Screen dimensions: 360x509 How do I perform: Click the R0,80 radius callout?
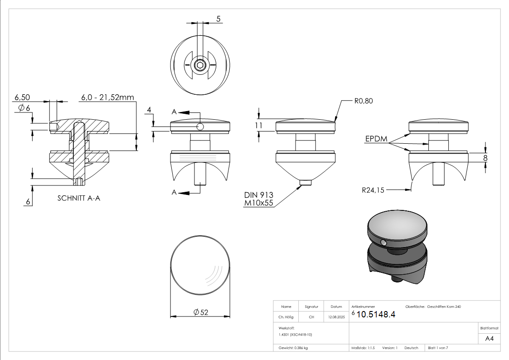pos(363,101)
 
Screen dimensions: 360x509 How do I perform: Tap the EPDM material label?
pos(376,139)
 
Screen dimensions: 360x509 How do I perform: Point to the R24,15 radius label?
pos(373,190)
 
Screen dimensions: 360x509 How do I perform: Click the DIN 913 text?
pos(259,195)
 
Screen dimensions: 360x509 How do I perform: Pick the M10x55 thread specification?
pos(259,203)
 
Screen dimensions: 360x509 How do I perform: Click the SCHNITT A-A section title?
pos(79,198)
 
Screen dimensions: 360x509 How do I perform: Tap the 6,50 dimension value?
pos(22,97)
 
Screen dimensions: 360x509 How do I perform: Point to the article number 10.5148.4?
pos(376,315)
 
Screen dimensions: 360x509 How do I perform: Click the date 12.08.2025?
pos(336,317)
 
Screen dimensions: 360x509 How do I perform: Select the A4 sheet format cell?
pos(489,339)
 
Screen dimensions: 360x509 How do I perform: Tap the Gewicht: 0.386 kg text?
pos(293,348)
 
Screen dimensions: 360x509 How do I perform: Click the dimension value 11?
pos(259,126)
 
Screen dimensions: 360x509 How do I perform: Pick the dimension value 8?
pos(485,158)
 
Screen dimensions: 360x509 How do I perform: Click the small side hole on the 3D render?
pos(384,243)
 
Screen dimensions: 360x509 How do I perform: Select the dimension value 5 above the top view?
pos(218,19)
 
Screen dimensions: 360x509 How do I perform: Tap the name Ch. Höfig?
pos(286,317)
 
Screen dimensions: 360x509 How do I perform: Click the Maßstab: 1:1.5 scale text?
pos(363,348)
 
